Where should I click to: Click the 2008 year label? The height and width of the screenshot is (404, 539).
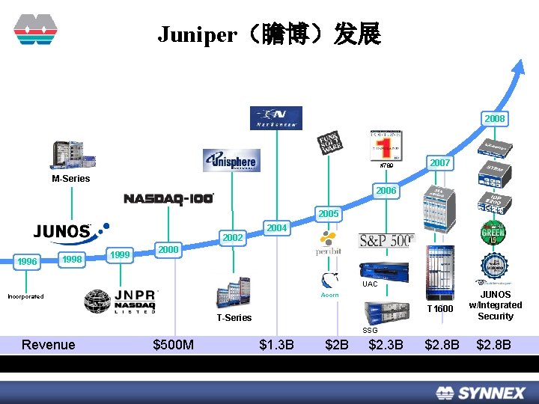click(495, 119)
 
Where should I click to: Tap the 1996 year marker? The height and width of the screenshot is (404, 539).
click(28, 261)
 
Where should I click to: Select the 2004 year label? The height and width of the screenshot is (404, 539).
click(277, 227)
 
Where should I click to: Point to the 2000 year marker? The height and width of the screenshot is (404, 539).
click(168, 249)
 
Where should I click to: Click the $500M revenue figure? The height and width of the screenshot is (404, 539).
click(173, 345)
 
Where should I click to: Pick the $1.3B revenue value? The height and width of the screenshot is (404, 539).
click(276, 345)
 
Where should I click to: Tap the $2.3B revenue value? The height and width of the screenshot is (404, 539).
click(386, 345)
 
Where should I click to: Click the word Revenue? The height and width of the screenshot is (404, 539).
click(49, 345)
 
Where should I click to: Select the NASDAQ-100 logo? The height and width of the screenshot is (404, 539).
click(168, 198)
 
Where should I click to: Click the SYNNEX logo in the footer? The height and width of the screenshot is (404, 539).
click(481, 392)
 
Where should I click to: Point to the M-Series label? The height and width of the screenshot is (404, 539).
click(71, 179)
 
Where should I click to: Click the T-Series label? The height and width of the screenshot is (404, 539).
click(234, 318)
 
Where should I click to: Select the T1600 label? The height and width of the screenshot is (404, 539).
click(440, 309)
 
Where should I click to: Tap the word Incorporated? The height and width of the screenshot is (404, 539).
click(25, 296)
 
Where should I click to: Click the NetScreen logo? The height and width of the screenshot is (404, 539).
click(276, 117)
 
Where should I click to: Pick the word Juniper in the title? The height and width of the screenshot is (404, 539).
click(197, 34)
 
